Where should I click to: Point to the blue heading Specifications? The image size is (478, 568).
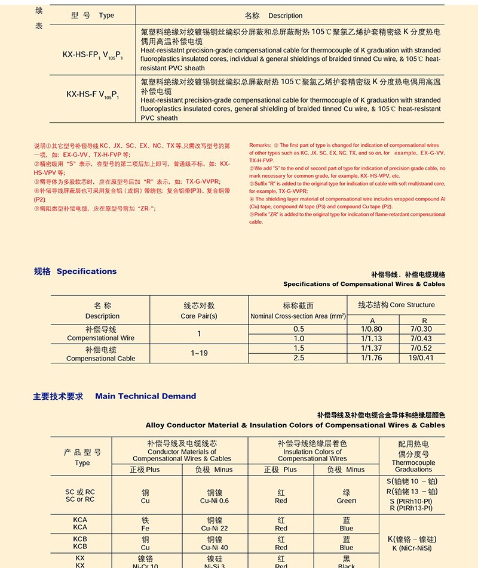point(87,271)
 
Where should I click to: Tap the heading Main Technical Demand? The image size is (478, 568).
point(145,396)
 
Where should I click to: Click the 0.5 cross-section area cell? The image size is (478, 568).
point(299,329)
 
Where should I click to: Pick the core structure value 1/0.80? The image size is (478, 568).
point(372,329)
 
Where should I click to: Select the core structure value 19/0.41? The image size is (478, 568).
point(421,358)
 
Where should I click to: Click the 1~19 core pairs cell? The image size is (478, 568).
point(199,353)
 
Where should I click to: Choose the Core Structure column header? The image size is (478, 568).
point(396,305)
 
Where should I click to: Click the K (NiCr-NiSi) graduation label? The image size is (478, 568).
point(412,548)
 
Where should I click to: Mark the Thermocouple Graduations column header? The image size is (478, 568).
point(413,466)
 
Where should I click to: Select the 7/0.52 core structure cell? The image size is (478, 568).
point(421,348)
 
